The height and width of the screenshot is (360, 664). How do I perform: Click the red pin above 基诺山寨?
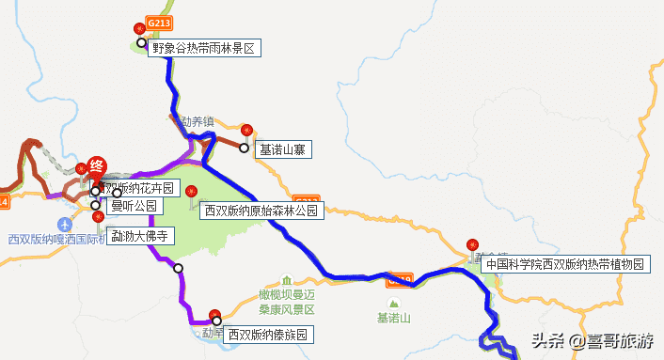coord(247,131)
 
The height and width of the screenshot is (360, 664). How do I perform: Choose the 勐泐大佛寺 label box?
coord(138,235)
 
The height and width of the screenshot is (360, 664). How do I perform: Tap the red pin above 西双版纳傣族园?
coord(214,315)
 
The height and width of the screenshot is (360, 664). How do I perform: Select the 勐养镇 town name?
coord(198,121)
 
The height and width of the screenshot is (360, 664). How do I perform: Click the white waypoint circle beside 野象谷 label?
coord(141,43)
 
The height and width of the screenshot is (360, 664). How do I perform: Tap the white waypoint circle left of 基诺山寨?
coord(245,148)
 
